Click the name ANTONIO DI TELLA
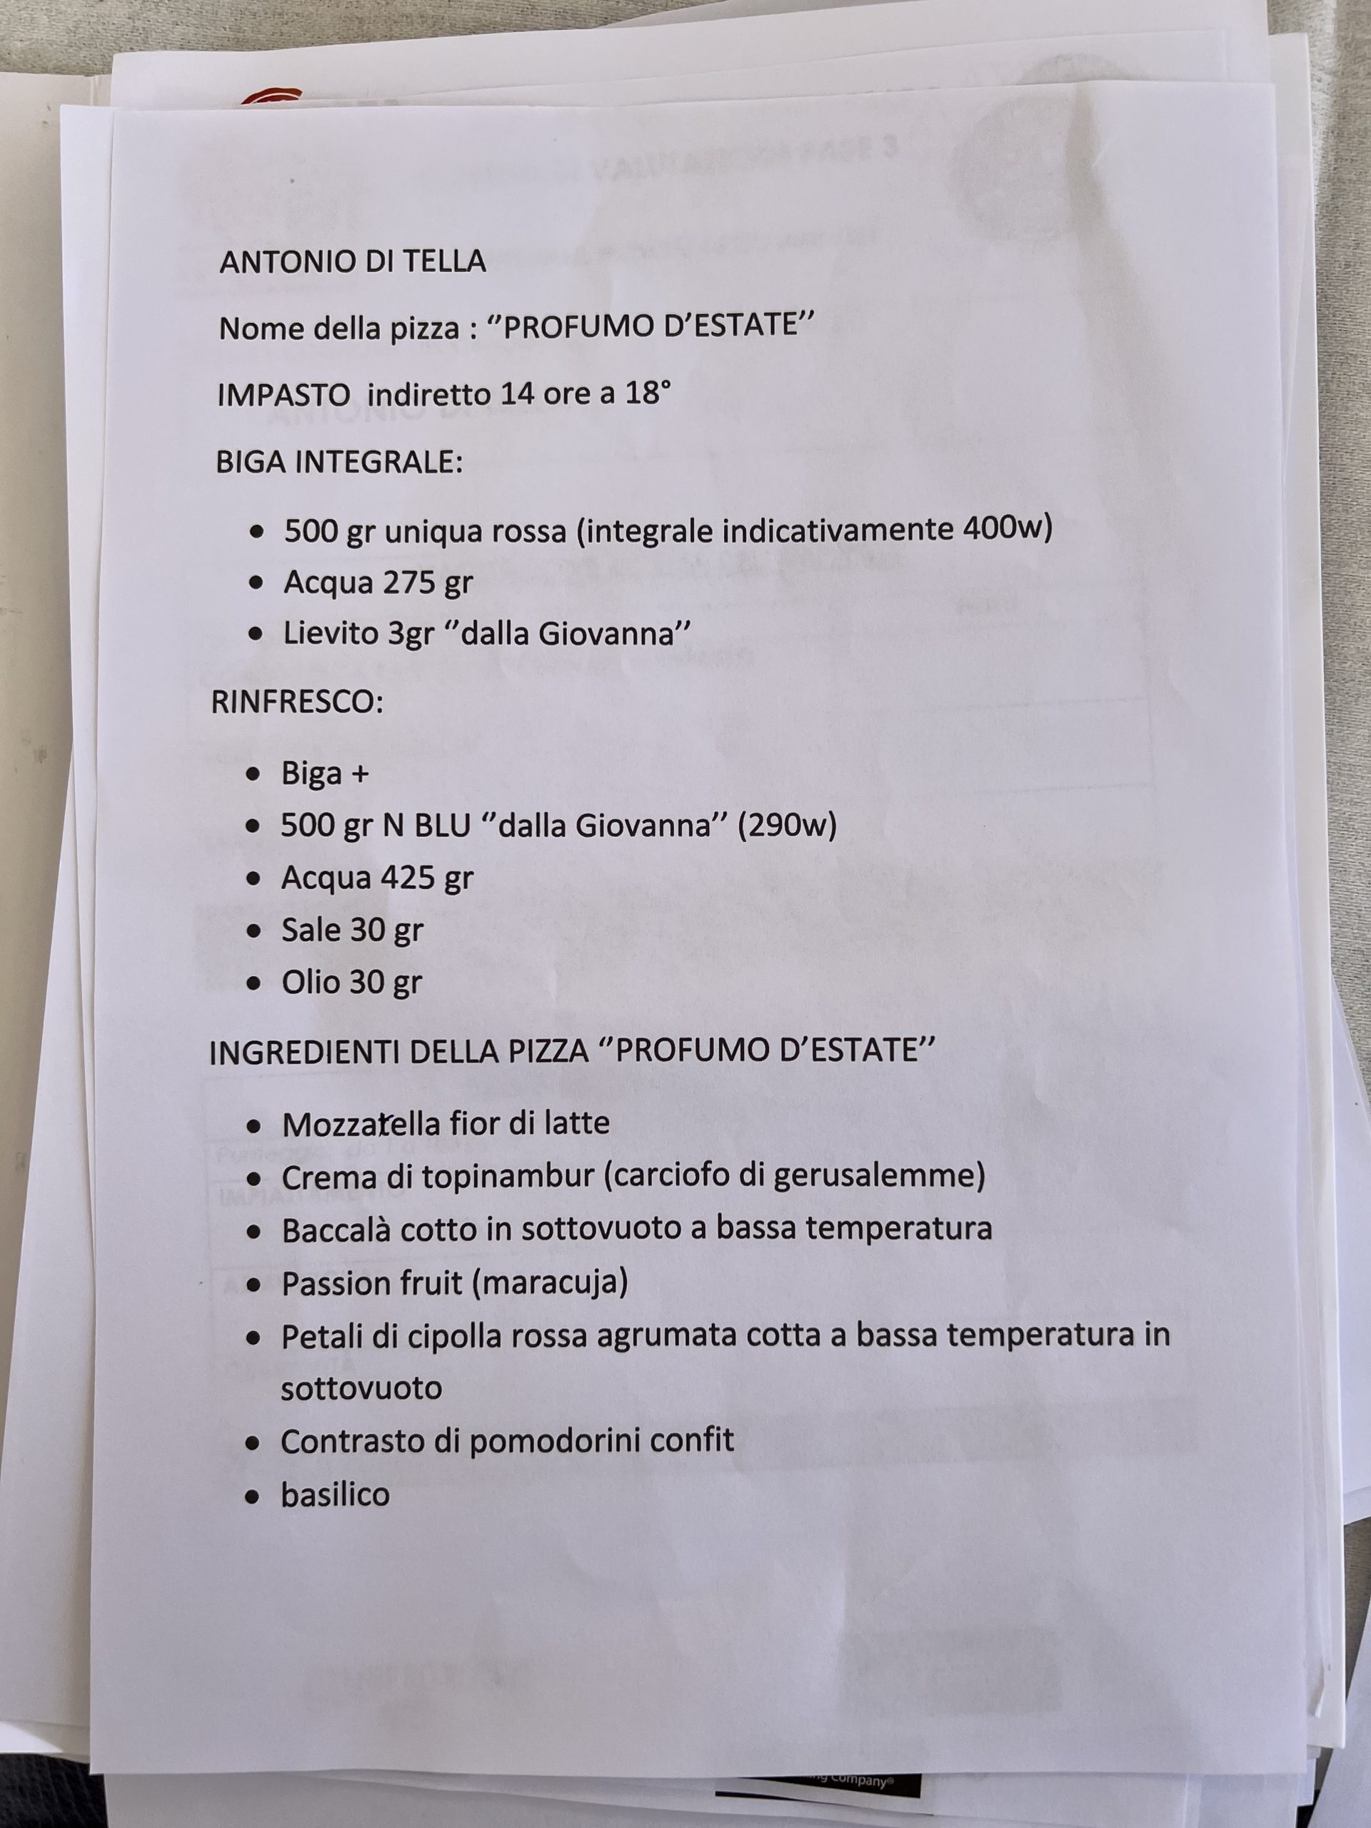(x=352, y=262)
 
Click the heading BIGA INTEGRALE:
(x=339, y=462)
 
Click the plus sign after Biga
(x=359, y=774)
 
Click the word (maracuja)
(x=551, y=1282)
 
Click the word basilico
(x=335, y=1494)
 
